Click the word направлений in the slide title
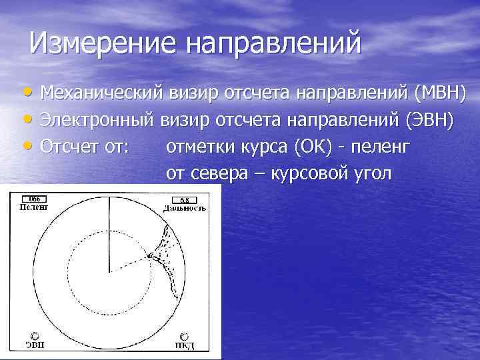(x=273, y=44)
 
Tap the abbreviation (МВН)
(x=439, y=92)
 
